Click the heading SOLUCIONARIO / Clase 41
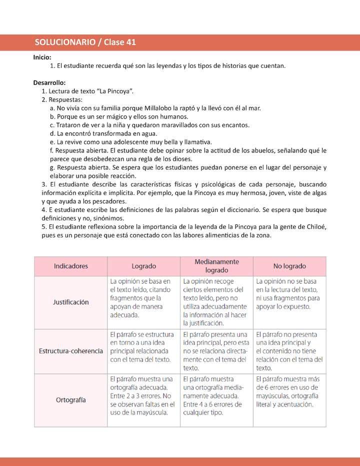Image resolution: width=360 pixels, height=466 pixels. click(x=85, y=42)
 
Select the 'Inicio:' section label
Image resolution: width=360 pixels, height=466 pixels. click(x=42, y=57)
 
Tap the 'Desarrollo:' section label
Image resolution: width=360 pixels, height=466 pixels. click(x=49, y=82)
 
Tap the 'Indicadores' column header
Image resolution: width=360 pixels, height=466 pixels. click(x=70, y=266)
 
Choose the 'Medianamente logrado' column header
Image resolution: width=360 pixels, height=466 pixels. click(x=216, y=265)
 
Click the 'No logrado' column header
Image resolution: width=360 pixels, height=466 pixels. click(x=289, y=266)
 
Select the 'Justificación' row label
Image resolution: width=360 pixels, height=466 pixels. click(x=70, y=302)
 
